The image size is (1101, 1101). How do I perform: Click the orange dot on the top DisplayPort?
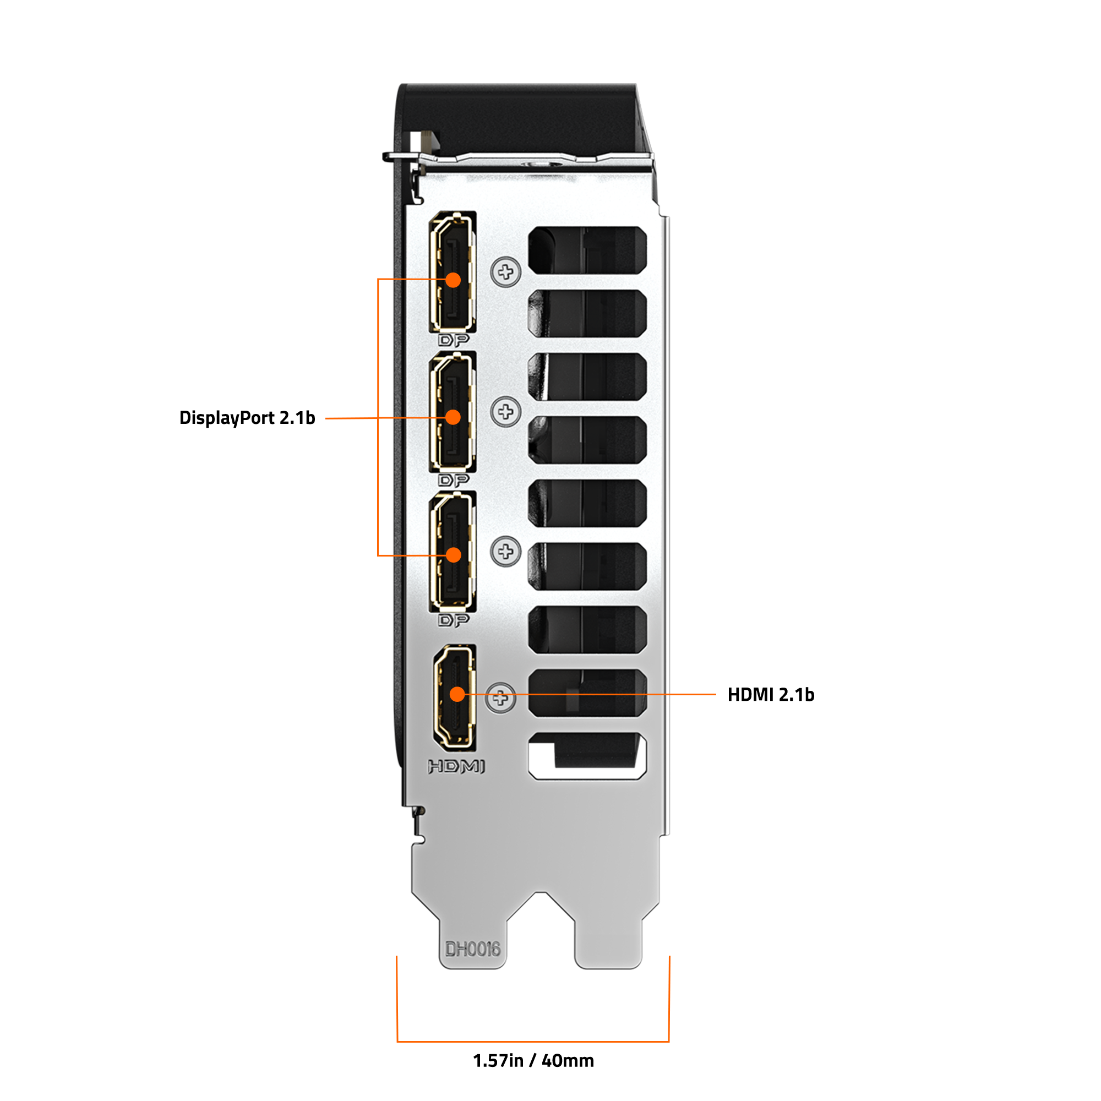click(x=453, y=280)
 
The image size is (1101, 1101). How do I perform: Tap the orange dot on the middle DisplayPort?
click(x=453, y=417)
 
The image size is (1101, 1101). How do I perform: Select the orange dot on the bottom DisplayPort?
click(x=454, y=554)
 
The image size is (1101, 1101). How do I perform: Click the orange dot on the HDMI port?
click(x=457, y=694)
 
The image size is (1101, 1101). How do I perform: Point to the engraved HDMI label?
click(x=456, y=766)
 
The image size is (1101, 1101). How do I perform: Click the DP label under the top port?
click(x=454, y=340)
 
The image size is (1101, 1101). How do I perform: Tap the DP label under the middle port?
click(x=454, y=480)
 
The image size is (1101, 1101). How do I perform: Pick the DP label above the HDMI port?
click(x=454, y=619)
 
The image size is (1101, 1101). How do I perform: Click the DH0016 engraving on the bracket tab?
click(x=472, y=949)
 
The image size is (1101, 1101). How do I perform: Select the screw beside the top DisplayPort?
click(x=505, y=272)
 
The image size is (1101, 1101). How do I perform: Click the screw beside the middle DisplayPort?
click(x=505, y=411)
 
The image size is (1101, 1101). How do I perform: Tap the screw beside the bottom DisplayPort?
click(x=505, y=551)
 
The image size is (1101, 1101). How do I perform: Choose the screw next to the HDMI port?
click(x=500, y=697)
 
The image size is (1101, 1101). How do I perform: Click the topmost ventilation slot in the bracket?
click(x=587, y=249)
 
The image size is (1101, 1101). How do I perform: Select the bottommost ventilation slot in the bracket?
click(x=587, y=756)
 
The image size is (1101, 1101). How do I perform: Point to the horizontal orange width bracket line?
click(x=533, y=1042)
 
